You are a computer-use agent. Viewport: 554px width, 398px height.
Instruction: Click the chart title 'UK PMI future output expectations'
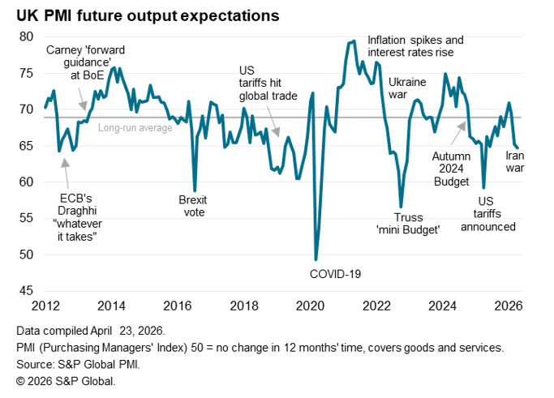click(143, 15)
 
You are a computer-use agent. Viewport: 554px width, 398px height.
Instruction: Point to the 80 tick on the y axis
click(26, 36)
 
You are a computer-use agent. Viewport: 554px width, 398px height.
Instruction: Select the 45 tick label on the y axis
click(26, 291)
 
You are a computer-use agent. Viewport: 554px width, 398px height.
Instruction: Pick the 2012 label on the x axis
click(45, 306)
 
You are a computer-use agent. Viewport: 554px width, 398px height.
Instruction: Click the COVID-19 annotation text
click(335, 273)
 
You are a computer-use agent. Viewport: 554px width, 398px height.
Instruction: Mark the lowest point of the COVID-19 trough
click(316, 259)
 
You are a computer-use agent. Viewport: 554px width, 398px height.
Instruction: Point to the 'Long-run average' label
click(135, 127)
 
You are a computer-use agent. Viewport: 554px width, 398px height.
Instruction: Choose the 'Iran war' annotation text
click(515, 161)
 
